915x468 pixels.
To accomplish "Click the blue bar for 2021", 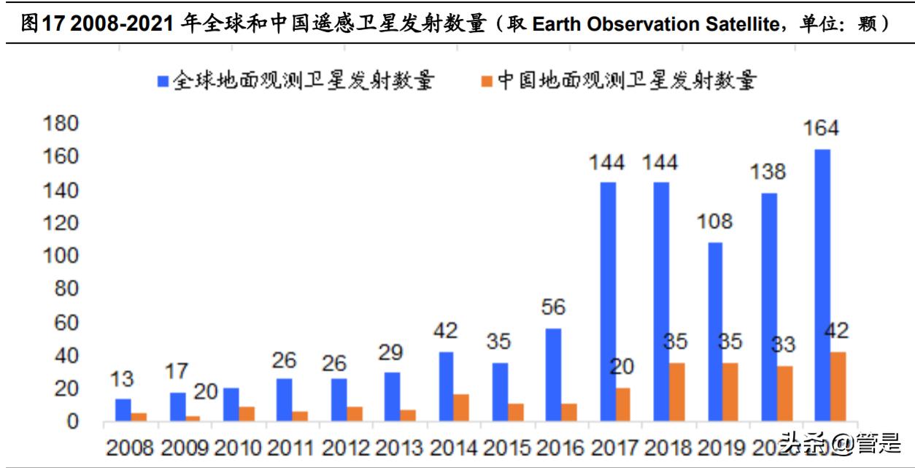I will [x=822, y=285].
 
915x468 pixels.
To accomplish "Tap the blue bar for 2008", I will [x=123, y=410].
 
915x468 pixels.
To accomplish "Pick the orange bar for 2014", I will [x=461, y=407].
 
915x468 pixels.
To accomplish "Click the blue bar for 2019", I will [x=714, y=331].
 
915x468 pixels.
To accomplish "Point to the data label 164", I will [x=822, y=128].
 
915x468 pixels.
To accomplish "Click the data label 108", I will [x=714, y=222].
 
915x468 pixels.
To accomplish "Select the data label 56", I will [x=553, y=308].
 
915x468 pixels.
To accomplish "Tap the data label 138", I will [x=768, y=172].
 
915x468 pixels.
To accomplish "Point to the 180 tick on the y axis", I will [x=61, y=123].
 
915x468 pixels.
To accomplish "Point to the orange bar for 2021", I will [x=838, y=386].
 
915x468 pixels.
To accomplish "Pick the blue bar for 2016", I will [x=554, y=375].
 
